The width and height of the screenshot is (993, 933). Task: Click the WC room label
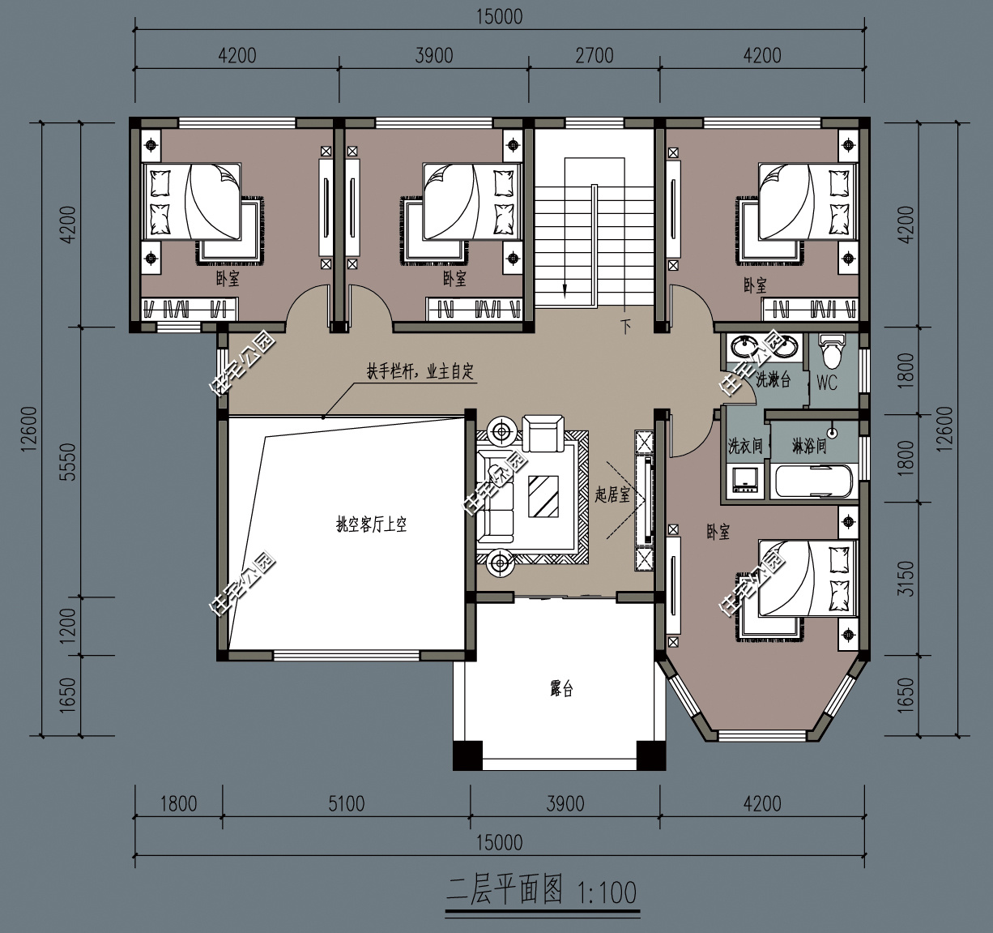point(826,383)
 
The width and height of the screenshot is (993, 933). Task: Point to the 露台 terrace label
point(561,689)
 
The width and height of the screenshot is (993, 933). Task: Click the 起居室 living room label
point(612,494)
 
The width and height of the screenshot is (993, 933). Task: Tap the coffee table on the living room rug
point(544,496)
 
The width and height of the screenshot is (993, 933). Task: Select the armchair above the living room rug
point(543,433)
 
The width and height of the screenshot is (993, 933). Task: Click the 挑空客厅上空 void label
point(371,524)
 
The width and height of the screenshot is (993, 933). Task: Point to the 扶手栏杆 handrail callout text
point(420,372)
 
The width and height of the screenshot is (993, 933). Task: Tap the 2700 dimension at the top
point(594,56)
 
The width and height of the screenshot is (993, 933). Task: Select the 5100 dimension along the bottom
point(346,804)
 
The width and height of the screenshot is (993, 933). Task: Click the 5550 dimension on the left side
point(69,461)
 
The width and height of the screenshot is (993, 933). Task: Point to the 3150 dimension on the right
point(906,578)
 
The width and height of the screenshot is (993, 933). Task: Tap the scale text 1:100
point(607,892)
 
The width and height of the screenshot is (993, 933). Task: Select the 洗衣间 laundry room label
point(745,446)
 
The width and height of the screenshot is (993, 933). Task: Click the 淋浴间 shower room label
point(808,446)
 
